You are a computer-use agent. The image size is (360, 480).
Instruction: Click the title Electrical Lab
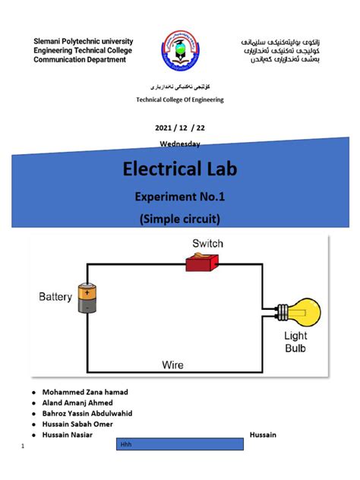click(x=180, y=169)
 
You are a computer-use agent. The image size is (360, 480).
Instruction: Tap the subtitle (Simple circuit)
click(x=180, y=220)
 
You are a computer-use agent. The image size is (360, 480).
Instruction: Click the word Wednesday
click(x=180, y=144)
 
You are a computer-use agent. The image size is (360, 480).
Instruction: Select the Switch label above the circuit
click(x=207, y=244)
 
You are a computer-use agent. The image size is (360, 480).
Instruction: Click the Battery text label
click(x=55, y=297)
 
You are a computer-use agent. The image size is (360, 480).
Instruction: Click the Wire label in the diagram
click(x=172, y=365)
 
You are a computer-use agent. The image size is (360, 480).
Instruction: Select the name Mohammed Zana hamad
click(x=85, y=392)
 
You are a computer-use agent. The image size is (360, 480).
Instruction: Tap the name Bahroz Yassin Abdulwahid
click(x=87, y=413)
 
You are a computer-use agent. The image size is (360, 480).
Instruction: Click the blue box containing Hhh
click(x=179, y=444)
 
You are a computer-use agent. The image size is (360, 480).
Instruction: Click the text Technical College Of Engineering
click(x=180, y=100)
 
